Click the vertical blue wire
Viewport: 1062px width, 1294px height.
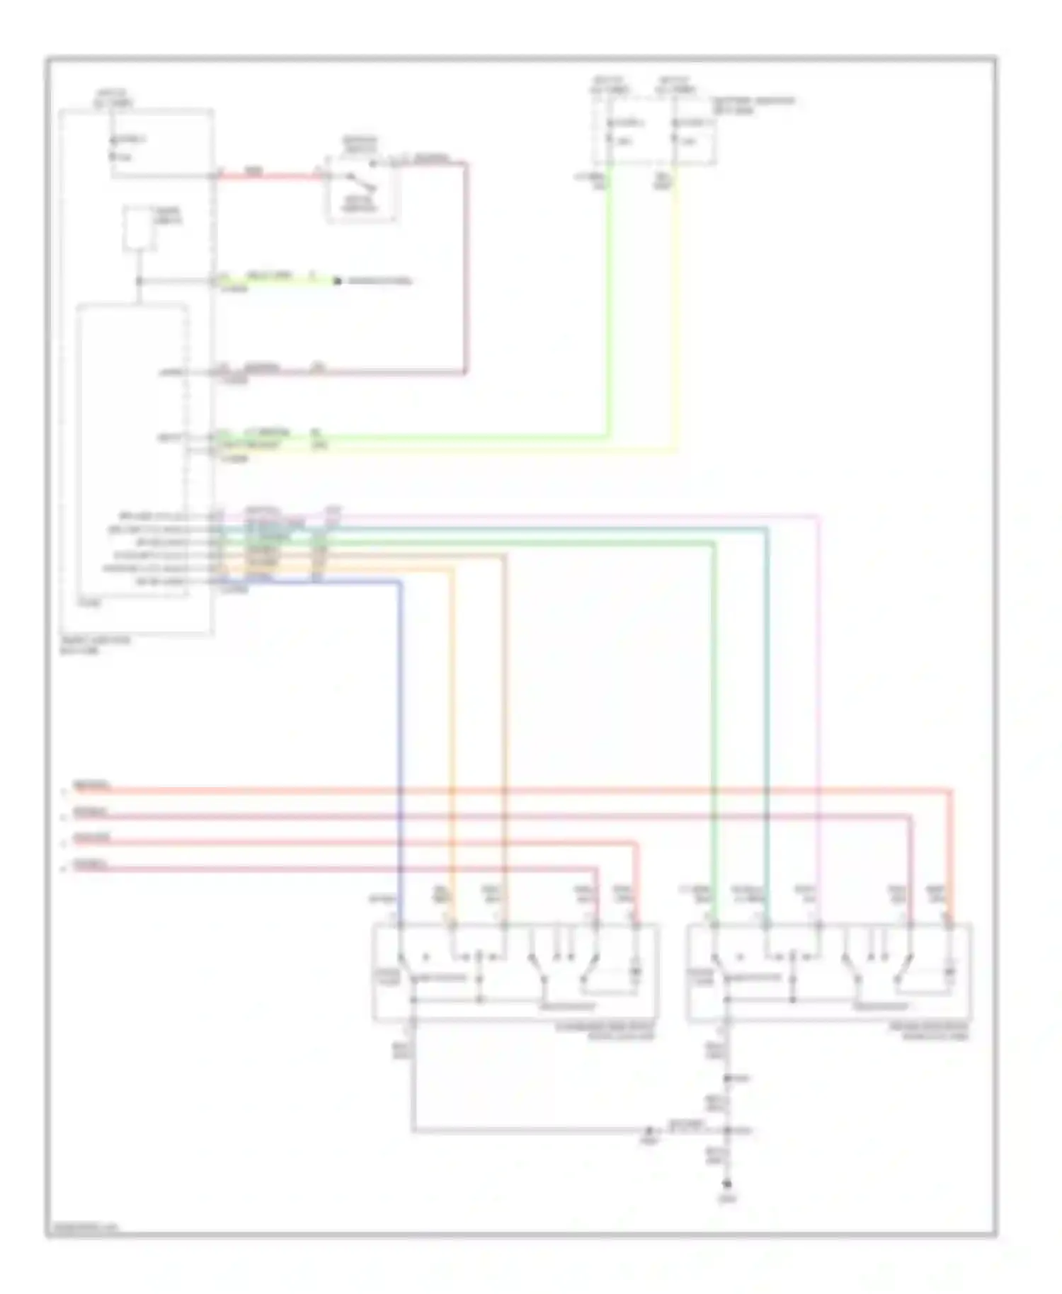point(401,708)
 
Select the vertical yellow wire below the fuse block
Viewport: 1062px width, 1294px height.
point(676,319)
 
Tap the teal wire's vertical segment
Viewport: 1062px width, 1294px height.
point(767,672)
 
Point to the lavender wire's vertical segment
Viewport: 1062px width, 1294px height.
point(818,672)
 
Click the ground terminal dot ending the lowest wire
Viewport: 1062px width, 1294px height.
point(726,1184)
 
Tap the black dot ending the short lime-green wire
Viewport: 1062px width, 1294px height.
point(338,282)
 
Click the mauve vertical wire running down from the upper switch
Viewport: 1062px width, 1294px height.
point(466,269)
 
